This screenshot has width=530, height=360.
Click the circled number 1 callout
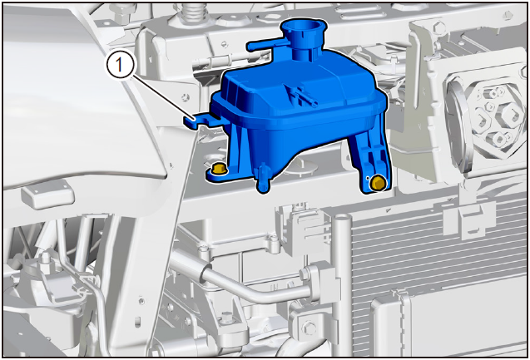[119, 64]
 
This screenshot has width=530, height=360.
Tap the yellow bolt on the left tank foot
[219, 169]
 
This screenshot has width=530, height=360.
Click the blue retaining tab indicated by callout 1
[196, 121]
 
